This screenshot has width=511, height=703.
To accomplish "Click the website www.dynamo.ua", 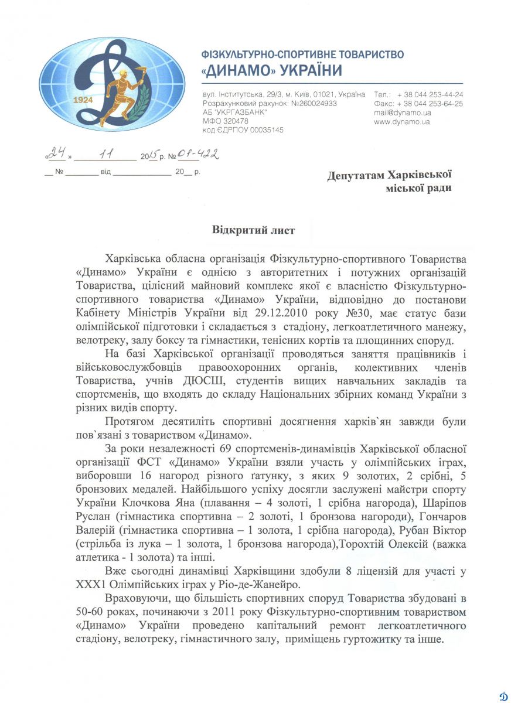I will point(402,122).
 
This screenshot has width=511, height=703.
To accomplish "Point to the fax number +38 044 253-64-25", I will point(430,104).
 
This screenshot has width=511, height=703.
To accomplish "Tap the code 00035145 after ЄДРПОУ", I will point(264,130).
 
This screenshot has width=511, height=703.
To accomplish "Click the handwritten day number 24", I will point(56,154).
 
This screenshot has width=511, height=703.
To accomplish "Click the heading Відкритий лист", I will point(253,230).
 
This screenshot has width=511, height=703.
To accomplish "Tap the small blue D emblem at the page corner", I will point(503,695).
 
